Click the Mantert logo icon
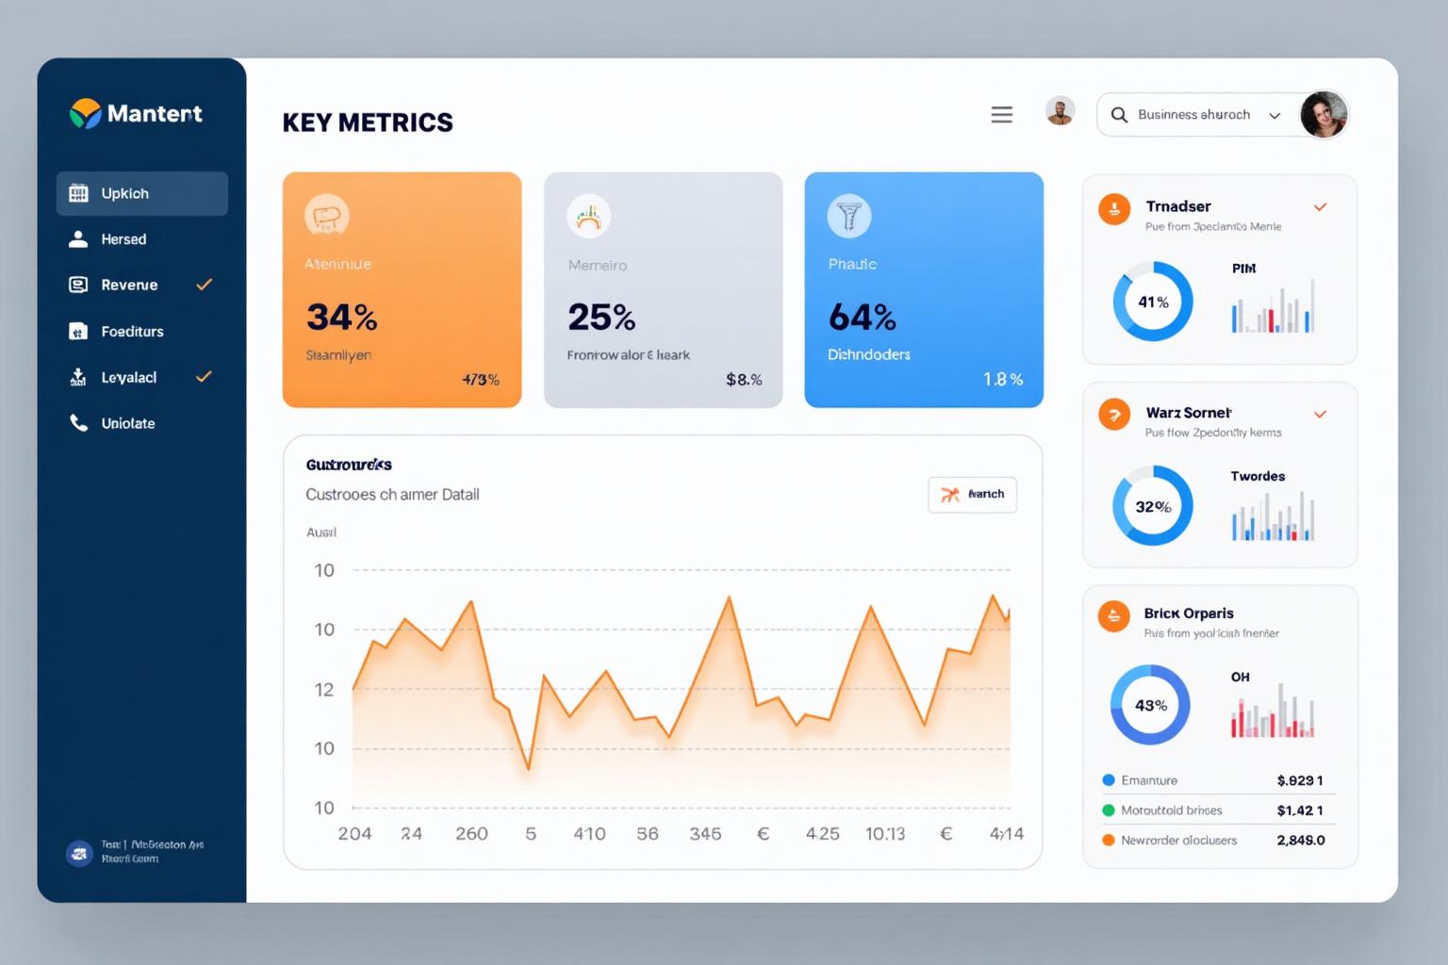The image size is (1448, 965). (85, 113)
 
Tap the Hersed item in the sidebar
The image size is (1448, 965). (123, 239)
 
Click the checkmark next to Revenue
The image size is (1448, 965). (204, 285)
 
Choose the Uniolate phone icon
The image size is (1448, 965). (78, 423)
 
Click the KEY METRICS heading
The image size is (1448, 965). (368, 123)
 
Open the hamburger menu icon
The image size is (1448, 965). (1001, 115)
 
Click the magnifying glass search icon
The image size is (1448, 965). (1119, 115)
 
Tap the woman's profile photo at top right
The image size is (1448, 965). (1324, 115)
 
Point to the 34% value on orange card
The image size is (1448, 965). (341, 318)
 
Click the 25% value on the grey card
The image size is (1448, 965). (601, 318)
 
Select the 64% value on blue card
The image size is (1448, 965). (862, 318)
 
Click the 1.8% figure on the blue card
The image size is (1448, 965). (1002, 380)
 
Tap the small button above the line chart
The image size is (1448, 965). (972, 495)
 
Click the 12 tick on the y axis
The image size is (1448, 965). (324, 690)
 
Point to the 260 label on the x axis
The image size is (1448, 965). (471, 834)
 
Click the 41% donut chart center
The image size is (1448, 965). (1153, 302)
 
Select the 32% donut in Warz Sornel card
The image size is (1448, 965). (1153, 506)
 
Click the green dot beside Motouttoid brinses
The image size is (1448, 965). (1109, 810)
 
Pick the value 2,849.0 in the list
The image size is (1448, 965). (1300, 841)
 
